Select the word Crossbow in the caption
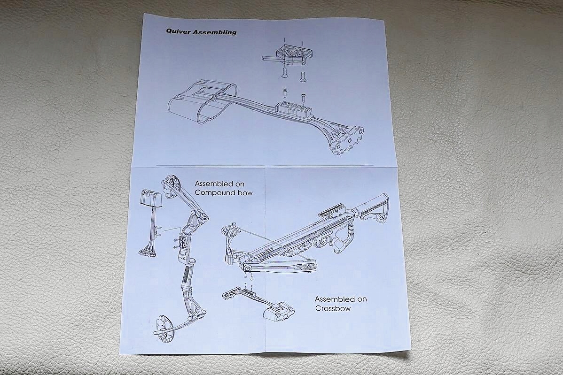tap(333, 309)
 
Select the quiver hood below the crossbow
tap(279, 313)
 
